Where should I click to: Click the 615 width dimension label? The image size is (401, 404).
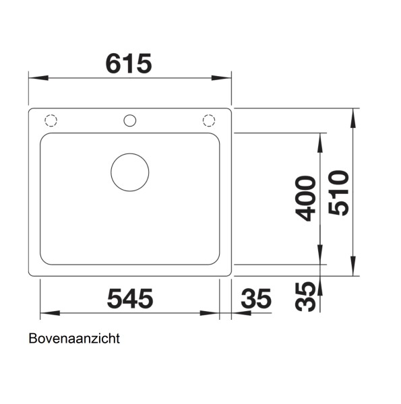point(129,63)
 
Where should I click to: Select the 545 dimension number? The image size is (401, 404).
point(129,298)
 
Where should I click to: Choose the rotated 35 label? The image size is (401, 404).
point(306,296)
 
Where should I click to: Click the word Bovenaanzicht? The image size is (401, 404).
point(74,339)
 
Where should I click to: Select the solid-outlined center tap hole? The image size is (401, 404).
point(129,121)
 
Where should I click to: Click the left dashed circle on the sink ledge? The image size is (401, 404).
point(51,121)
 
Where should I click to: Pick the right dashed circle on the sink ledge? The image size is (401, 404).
point(209,121)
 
